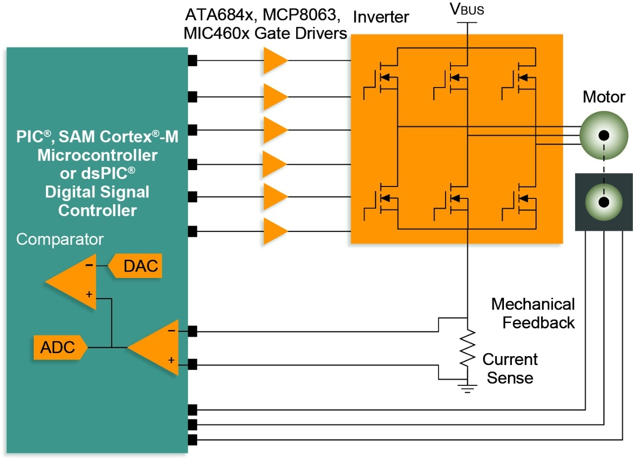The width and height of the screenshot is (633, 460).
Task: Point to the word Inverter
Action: [x=381, y=18]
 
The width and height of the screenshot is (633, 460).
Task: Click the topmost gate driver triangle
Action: [x=274, y=60]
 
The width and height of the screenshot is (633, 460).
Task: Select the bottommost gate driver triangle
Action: [x=274, y=231]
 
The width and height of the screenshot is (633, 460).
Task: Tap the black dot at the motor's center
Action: [x=603, y=136]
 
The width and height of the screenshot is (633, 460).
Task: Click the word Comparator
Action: [x=60, y=239]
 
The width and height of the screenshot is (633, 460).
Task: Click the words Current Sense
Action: [x=510, y=368]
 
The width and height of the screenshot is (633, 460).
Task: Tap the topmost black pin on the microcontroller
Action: [x=193, y=60]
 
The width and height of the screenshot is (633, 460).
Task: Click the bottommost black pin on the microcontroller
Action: [x=193, y=439]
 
